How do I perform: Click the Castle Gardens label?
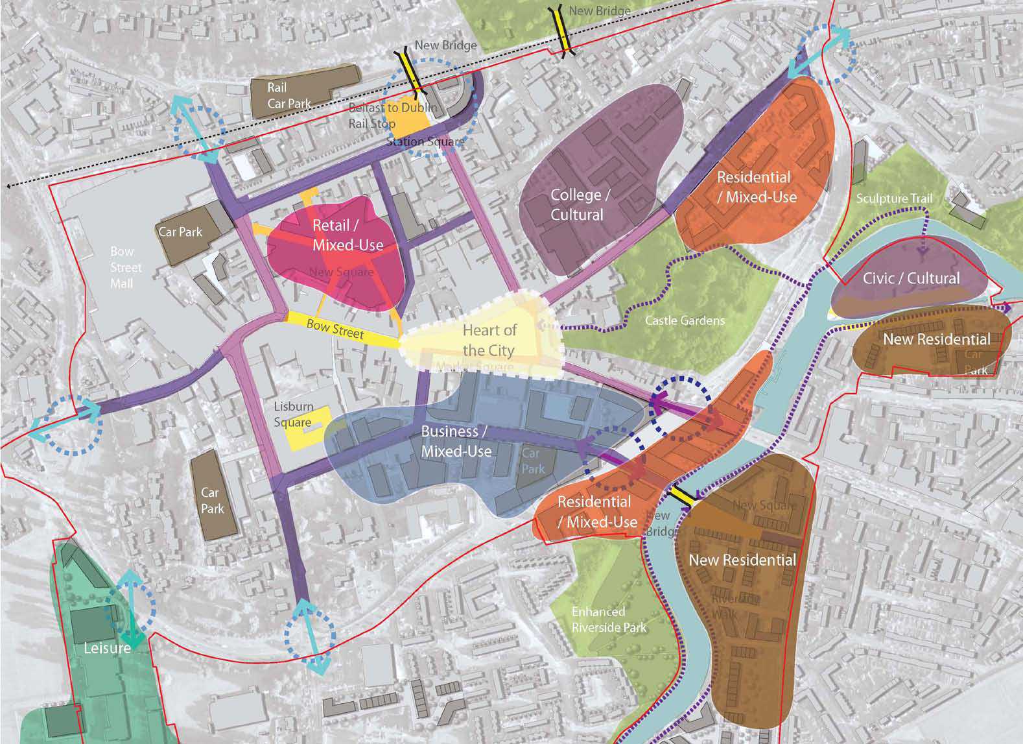(685, 320)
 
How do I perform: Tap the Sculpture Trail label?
(894, 198)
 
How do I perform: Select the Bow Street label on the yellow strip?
(335, 328)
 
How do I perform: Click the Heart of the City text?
(489, 341)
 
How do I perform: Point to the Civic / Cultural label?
(911, 278)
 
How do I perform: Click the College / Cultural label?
(577, 205)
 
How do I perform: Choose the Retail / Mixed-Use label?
(347, 235)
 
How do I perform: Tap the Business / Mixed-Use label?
(456, 441)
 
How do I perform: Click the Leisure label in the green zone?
(107, 647)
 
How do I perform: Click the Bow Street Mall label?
(122, 267)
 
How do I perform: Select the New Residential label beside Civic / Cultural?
(936, 339)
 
